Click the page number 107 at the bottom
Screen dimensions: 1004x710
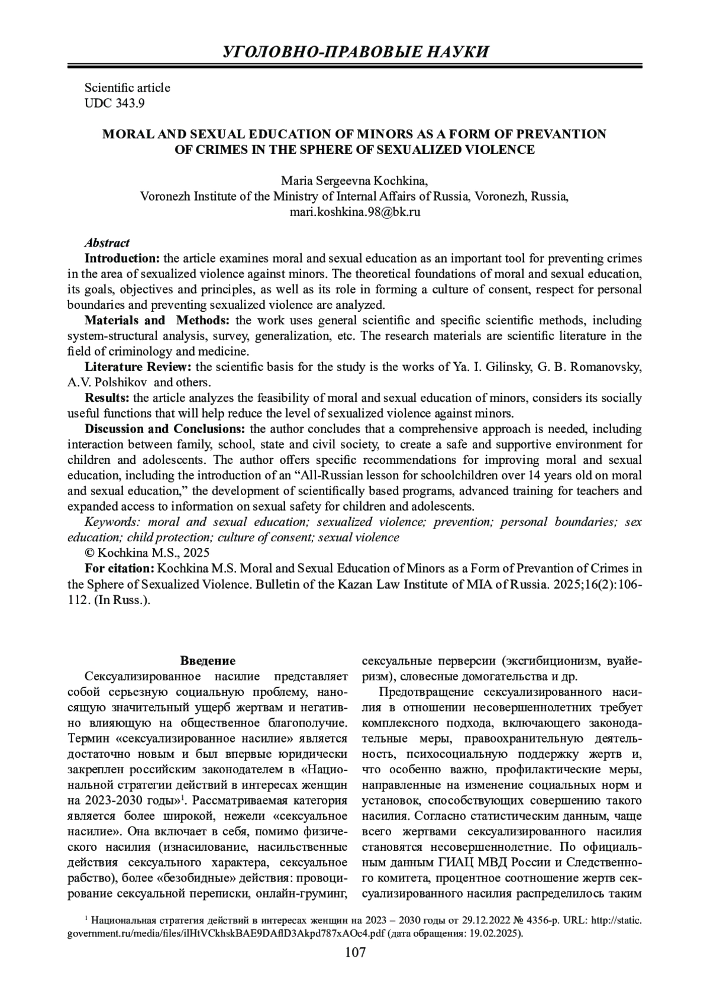(x=355, y=952)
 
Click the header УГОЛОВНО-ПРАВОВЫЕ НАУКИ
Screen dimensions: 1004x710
(x=355, y=52)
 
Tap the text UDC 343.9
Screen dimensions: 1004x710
(x=115, y=104)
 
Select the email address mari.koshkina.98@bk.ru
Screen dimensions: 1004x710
(x=355, y=211)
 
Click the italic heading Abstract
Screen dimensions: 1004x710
(x=107, y=243)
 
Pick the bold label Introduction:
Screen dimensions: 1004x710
(x=122, y=259)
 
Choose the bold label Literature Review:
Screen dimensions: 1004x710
(x=138, y=367)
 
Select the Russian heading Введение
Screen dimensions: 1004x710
(x=208, y=660)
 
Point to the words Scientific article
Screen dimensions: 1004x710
(x=127, y=88)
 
